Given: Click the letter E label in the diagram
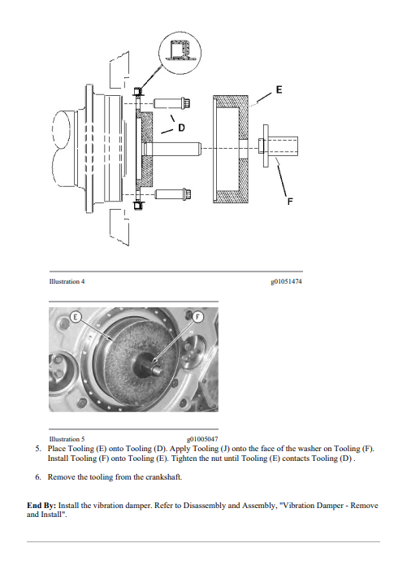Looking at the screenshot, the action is (x=279, y=89).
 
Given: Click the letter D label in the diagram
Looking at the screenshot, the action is (x=181, y=128).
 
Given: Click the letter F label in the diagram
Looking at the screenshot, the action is (x=290, y=202).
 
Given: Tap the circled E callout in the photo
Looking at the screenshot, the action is (x=76, y=317).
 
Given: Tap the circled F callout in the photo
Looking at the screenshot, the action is (x=197, y=317).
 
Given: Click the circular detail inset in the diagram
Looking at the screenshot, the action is (x=180, y=53).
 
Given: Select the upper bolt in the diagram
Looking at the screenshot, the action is (x=171, y=103).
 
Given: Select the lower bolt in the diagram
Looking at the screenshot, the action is (x=173, y=193).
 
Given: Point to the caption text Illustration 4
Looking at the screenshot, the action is (x=67, y=281).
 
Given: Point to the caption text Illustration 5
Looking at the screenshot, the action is (x=67, y=439).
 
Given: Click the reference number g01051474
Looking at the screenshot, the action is (x=286, y=281).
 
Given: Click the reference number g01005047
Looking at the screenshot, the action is (x=202, y=439).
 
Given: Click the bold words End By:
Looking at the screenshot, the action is (x=41, y=506).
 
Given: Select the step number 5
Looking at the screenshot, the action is (x=38, y=449).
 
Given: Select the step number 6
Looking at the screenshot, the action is (x=38, y=477).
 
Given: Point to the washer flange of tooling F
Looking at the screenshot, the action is (x=266, y=146).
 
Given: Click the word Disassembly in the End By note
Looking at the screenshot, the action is (x=205, y=506).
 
